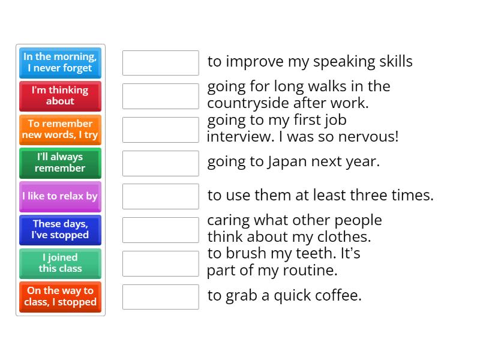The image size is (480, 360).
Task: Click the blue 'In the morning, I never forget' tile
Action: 60,62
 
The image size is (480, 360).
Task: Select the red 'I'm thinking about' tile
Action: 60,96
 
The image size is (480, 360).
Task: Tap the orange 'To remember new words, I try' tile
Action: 60,130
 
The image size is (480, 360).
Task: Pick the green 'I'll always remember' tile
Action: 60,163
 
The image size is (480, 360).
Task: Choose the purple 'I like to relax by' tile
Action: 60,196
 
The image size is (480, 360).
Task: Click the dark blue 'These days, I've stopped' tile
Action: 60,230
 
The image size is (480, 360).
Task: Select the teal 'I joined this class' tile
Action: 60,263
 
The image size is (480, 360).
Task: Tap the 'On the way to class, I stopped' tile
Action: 60,297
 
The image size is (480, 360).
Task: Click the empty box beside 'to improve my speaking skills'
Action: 160,62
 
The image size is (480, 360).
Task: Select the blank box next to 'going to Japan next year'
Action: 160,163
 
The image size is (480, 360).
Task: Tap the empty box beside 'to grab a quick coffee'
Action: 160,297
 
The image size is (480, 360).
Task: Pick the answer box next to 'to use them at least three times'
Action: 160,196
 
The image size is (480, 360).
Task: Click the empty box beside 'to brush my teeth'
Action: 160,263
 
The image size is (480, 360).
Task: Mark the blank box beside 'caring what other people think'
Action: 160,230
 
